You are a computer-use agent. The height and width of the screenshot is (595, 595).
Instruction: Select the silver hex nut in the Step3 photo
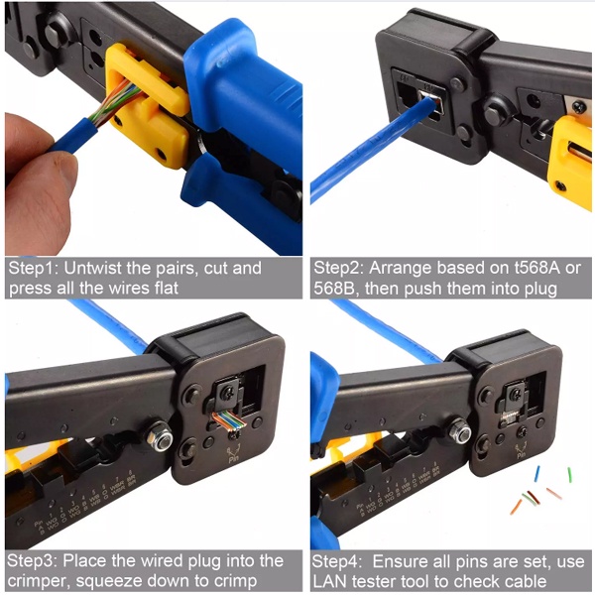tap(160, 437)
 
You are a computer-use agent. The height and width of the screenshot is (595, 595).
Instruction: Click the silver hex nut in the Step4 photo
tap(460, 431)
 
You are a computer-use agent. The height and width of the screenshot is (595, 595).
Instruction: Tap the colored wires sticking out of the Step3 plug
tap(229, 420)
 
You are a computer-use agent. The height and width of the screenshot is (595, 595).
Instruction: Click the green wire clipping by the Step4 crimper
tap(569, 475)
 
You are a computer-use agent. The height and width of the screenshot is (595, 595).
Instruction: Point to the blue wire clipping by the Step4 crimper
tap(536, 474)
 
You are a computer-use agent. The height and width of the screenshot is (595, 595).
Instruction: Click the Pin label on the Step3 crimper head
tap(234, 460)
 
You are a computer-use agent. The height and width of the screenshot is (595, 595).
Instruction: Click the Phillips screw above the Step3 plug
tap(228, 391)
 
